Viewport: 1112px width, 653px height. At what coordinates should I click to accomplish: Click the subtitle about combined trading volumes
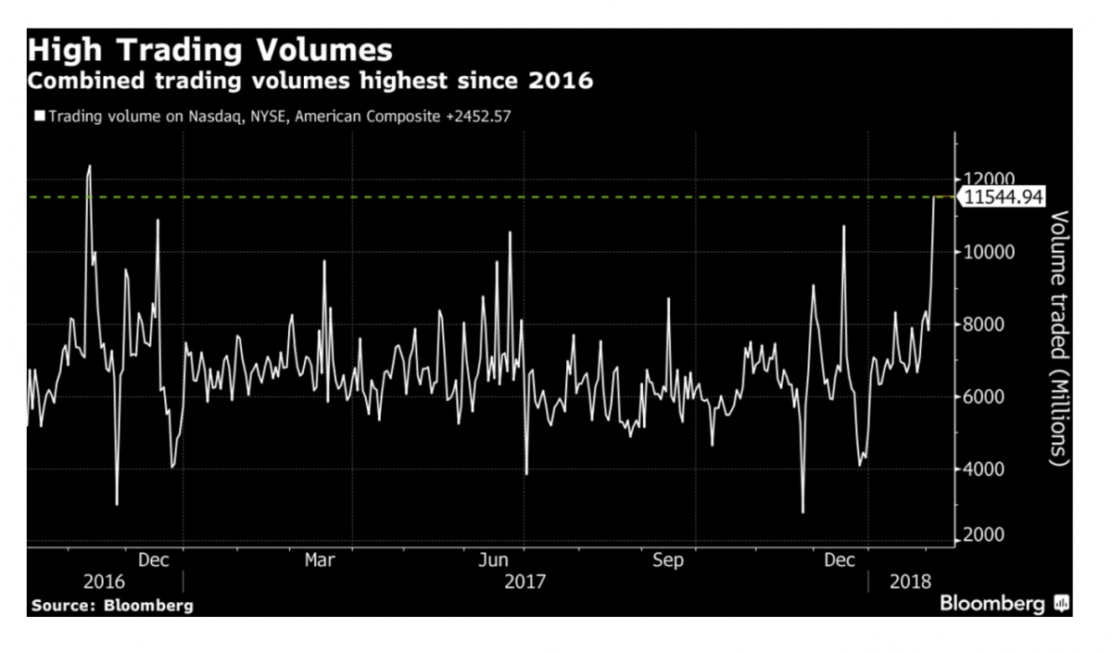(310, 82)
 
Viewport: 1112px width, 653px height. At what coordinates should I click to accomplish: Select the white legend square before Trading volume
(39, 117)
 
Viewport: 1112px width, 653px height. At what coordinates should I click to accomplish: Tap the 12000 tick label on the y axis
(988, 179)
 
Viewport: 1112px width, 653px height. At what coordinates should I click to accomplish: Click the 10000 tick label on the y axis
(988, 252)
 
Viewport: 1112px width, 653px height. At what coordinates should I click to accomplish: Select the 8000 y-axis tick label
(983, 324)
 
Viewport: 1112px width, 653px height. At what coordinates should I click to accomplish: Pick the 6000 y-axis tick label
(983, 396)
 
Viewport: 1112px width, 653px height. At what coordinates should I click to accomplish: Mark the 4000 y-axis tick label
(983, 469)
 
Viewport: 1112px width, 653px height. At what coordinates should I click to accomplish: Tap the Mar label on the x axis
(320, 560)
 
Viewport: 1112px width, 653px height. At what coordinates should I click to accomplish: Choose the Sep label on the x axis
(668, 560)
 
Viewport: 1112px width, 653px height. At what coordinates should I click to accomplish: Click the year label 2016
(104, 582)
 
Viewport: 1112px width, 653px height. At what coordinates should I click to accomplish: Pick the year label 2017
(524, 582)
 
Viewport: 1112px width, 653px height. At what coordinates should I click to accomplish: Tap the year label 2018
(909, 582)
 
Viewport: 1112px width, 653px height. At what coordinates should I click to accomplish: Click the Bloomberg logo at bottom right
(1005, 604)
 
